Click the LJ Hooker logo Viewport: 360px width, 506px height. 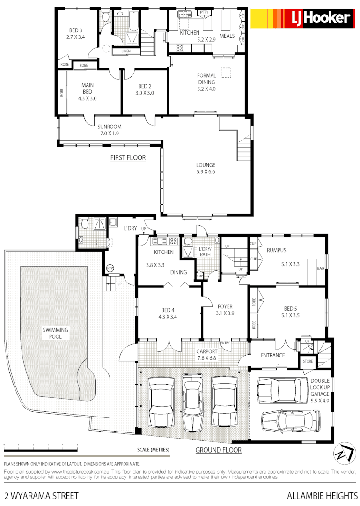pyautogui.click(x=301, y=19)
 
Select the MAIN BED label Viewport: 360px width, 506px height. pyautogui.click(x=88, y=92)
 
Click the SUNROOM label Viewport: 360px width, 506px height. pyautogui.click(x=109, y=130)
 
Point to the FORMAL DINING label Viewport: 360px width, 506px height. pyautogui.click(x=206, y=82)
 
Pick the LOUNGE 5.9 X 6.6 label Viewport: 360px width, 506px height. pyautogui.click(x=206, y=168)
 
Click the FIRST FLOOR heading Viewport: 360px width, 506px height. pyautogui.click(x=128, y=158)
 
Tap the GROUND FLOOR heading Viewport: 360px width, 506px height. pyautogui.click(x=218, y=450)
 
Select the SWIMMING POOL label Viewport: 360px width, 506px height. pyautogui.click(x=55, y=333)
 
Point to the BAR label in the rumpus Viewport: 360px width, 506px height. pyautogui.click(x=321, y=268)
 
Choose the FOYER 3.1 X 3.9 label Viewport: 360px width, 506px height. pyautogui.click(x=225, y=310)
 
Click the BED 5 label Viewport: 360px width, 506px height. pyautogui.click(x=291, y=312)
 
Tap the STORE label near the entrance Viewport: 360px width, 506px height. pyautogui.click(x=308, y=361)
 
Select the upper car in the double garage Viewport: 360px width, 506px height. pyautogui.click(x=279, y=389)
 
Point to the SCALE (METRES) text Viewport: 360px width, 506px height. pyautogui.click(x=153, y=450)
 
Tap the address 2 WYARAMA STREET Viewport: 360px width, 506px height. pyautogui.click(x=41, y=495)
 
